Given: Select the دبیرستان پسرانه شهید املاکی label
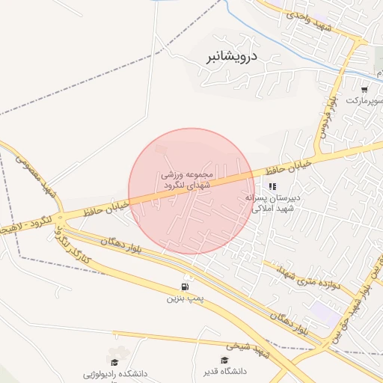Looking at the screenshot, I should click(272, 203).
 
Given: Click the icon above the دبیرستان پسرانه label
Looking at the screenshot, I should click(273, 186).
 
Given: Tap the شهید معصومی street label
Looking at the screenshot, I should click(34, 174).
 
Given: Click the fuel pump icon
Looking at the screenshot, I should click(185, 287).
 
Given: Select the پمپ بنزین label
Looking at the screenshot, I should click(185, 298).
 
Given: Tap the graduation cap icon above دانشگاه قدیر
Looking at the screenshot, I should click(224, 361).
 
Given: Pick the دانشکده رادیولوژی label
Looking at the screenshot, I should click(114, 373).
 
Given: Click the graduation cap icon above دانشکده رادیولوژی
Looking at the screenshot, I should click(114, 363).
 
